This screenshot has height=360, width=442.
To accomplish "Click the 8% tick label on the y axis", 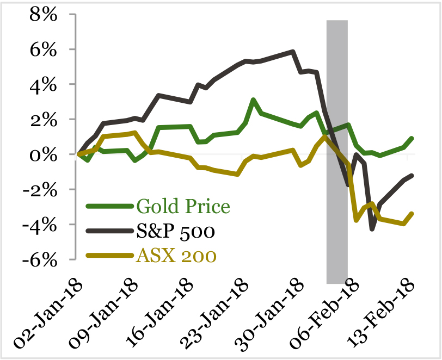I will [43, 15].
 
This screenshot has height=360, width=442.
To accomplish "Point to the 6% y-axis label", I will [43, 50].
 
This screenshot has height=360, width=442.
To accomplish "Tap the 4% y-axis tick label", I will [43, 85].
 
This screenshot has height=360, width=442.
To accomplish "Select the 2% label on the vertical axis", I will [43, 120].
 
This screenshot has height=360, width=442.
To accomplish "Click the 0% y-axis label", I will [43, 155].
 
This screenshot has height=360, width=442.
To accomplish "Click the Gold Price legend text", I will [183, 207].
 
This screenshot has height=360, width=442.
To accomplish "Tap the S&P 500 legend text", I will [176, 232].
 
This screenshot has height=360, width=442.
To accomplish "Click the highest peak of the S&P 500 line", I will [293, 52].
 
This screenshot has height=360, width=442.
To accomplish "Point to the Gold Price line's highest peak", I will [253, 100].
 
